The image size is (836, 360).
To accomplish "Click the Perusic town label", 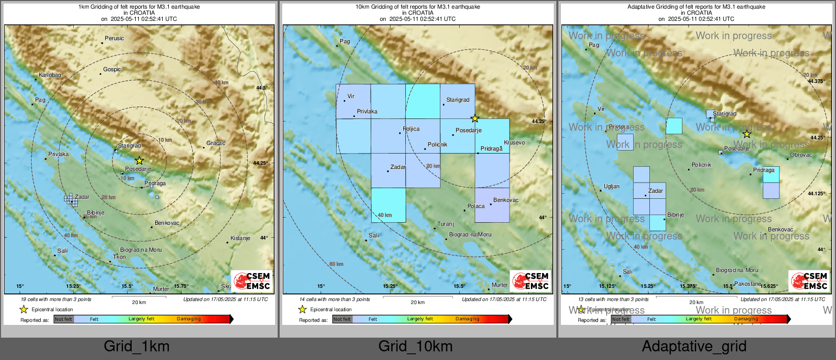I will pos(114,39).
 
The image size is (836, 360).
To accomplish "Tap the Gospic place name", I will pos(112,70).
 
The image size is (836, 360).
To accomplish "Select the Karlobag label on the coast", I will pos(50,75).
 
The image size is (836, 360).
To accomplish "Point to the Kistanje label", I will pos(240,238).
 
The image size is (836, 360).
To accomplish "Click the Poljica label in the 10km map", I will pos(411,129).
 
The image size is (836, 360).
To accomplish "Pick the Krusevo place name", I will pos(514,143).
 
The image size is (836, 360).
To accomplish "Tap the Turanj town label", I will pos(445,224).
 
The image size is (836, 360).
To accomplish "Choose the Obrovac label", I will pos(801,155).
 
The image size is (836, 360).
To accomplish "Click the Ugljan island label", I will pos(611,187).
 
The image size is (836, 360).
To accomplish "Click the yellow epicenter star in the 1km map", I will pos(139,161).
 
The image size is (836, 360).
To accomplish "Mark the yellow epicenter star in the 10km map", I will pos(474,118).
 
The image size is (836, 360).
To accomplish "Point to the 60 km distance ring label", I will pos(336,264).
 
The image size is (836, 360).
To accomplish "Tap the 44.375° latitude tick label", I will pos(816,81).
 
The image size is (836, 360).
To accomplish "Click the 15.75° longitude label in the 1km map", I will pos(181,286).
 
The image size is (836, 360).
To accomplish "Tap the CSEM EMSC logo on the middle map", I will pos(531,281).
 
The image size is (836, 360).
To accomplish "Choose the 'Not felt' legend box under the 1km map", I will pos(64,319).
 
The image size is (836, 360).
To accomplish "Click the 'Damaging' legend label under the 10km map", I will pos(467,319).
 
